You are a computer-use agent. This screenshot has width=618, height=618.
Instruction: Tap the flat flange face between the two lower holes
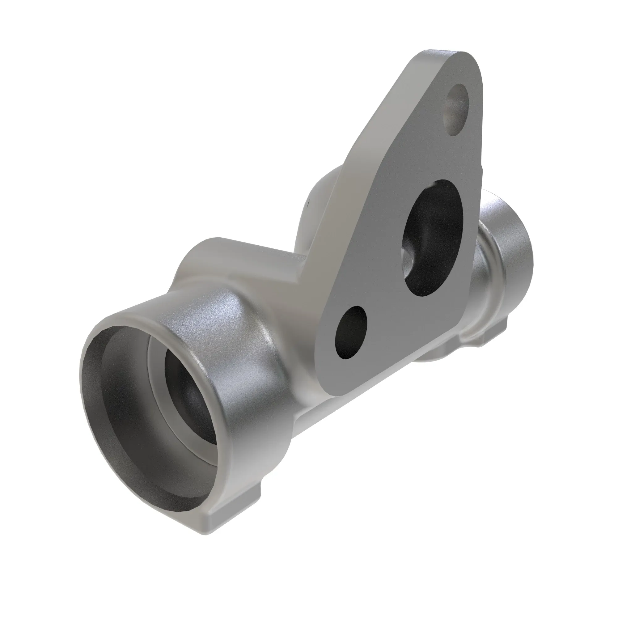pos(384,301)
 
